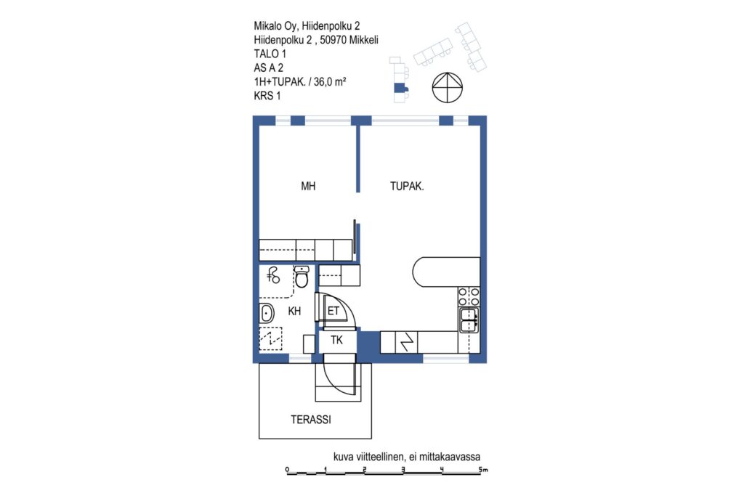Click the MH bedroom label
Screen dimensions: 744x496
coord(308,187)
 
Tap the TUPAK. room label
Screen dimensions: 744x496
coord(407,187)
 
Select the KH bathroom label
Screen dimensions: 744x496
coord(294,311)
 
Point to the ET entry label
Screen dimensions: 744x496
coord(333,311)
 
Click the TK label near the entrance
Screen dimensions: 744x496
coord(336,340)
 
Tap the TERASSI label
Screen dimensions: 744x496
coord(311,420)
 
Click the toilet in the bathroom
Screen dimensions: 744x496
coord(302,277)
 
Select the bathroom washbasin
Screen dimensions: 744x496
coord(266,313)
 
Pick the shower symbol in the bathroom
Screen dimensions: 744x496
coord(273,275)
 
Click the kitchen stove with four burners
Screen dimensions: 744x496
coord(469,296)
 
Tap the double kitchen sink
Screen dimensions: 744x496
coord(469,320)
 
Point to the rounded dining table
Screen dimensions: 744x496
coord(446,272)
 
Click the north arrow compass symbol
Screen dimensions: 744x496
coord(447,88)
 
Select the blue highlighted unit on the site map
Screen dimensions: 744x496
coord(400,88)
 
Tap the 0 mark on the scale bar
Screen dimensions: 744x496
coord(287,469)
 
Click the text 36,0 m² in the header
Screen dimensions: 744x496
coord(330,81)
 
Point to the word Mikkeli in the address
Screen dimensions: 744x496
coord(363,41)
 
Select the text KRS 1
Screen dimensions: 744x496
coord(267,96)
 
